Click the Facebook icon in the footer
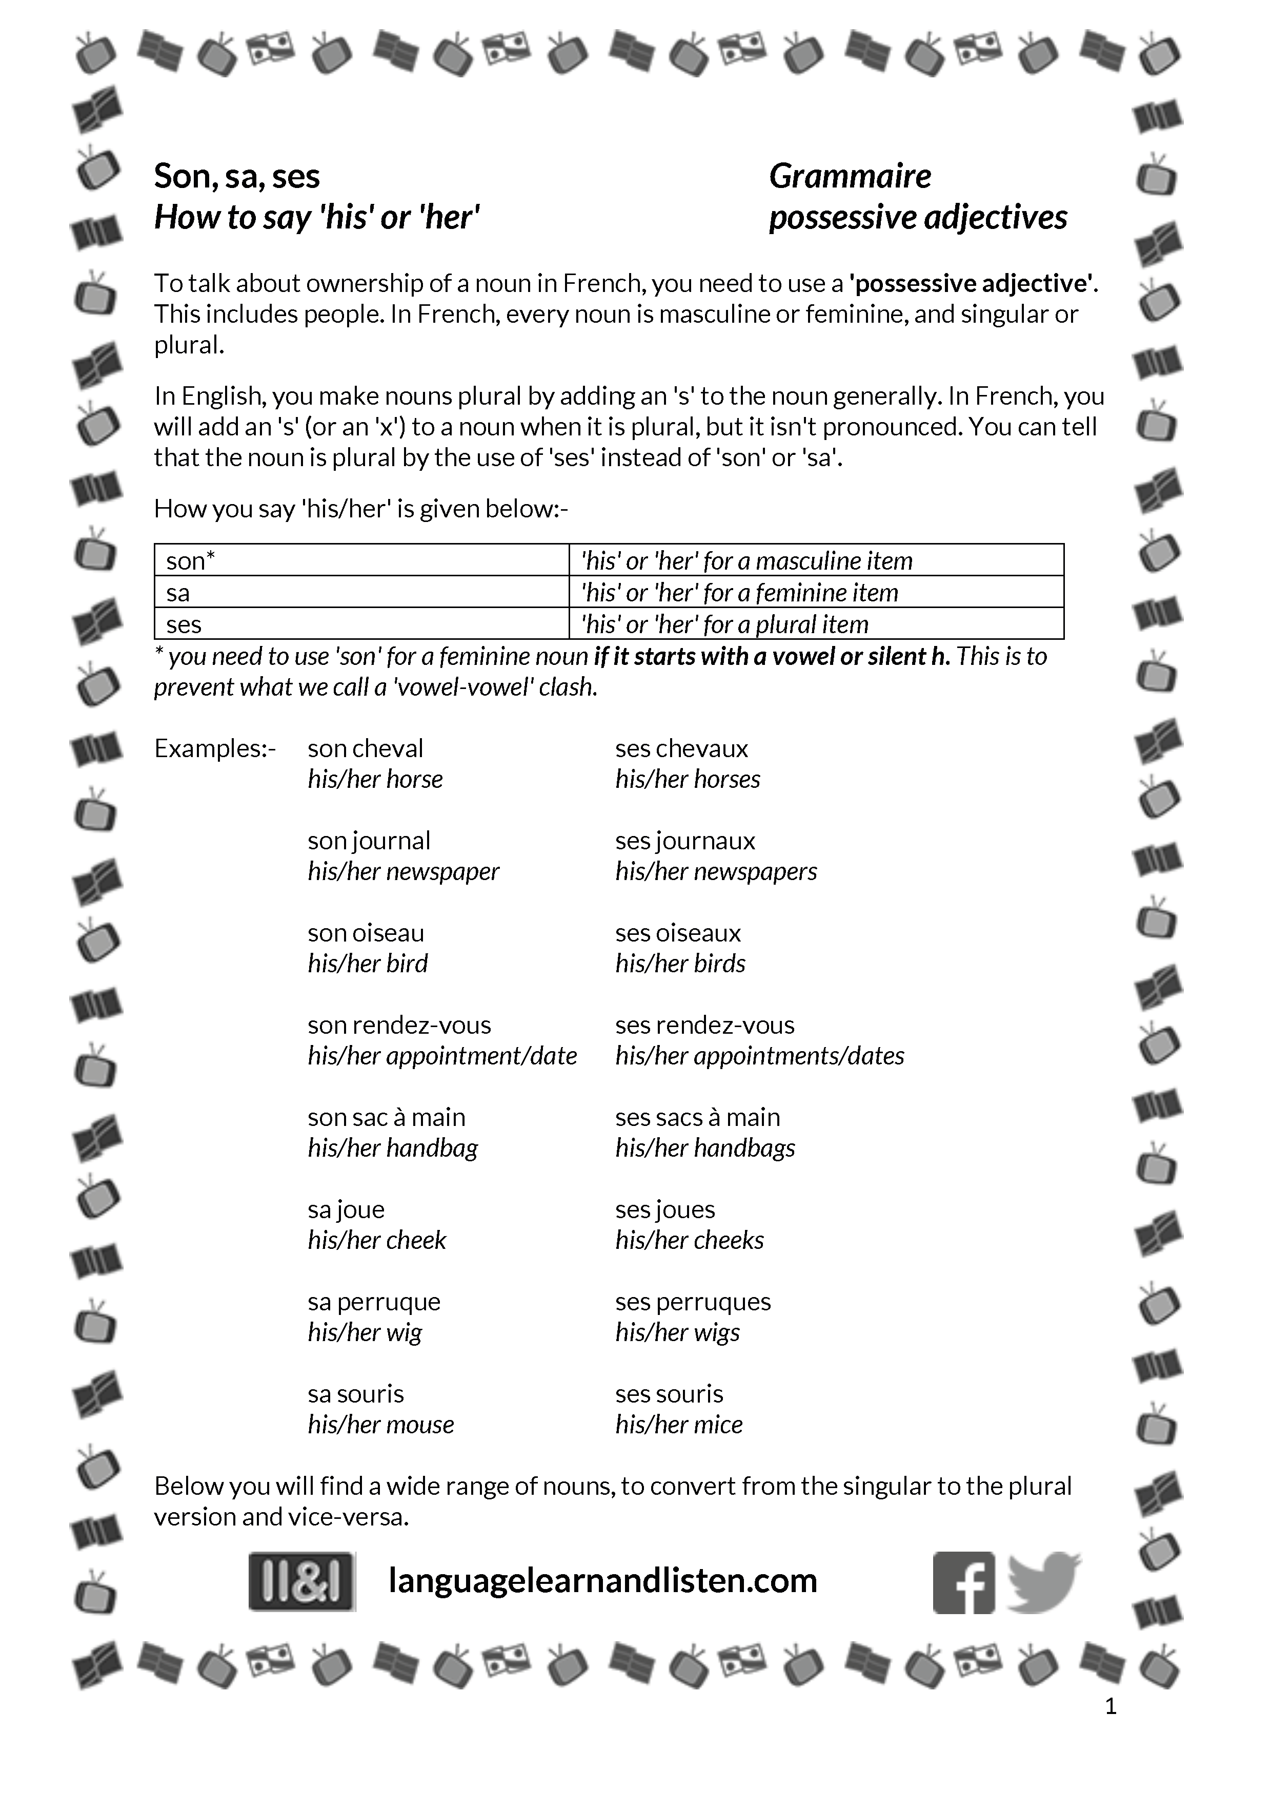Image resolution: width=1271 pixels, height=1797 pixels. pyautogui.click(x=963, y=1582)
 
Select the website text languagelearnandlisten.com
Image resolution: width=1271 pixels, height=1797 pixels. pyautogui.click(x=602, y=1580)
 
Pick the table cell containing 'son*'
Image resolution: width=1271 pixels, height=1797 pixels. pyautogui.click(x=361, y=560)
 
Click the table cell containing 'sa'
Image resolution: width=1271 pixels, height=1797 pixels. pyautogui.click(x=361, y=593)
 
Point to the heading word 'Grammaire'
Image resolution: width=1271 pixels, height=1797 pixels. pyautogui.click(x=850, y=176)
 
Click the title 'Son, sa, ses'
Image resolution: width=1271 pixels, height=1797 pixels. pyautogui.click(x=236, y=176)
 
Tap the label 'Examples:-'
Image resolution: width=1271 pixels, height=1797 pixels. pyautogui.click(x=215, y=748)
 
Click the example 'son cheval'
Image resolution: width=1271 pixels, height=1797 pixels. pyautogui.click(x=365, y=748)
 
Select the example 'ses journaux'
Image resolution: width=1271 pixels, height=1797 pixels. pyautogui.click(x=685, y=841)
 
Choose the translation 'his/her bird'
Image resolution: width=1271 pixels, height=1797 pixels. pyautogui.click(x=367, y=964)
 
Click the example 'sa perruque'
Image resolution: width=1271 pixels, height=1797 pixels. pyautogui.click(x=374, y=1302)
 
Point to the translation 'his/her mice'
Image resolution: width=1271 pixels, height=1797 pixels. pyautogui.click(x=679, y=1425)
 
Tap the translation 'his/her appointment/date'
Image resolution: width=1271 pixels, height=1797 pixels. pyautogui.click(x=441, y=1056)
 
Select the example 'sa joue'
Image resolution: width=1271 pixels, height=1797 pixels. pyautogui.click(x=346, y=1209)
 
